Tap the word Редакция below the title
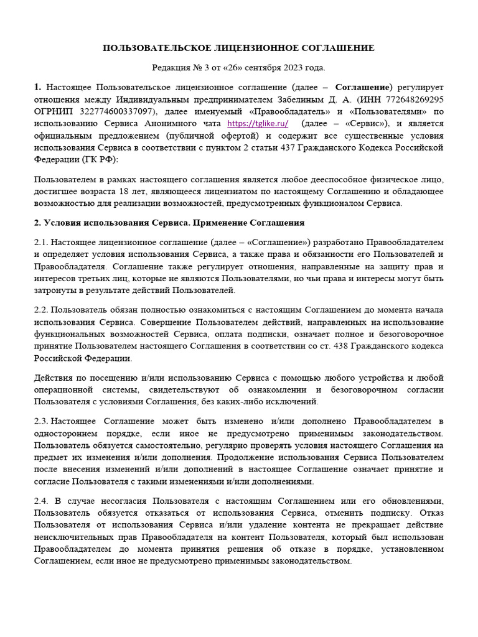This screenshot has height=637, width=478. click(171, 67)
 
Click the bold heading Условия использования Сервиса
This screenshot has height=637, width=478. click(115, 222)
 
